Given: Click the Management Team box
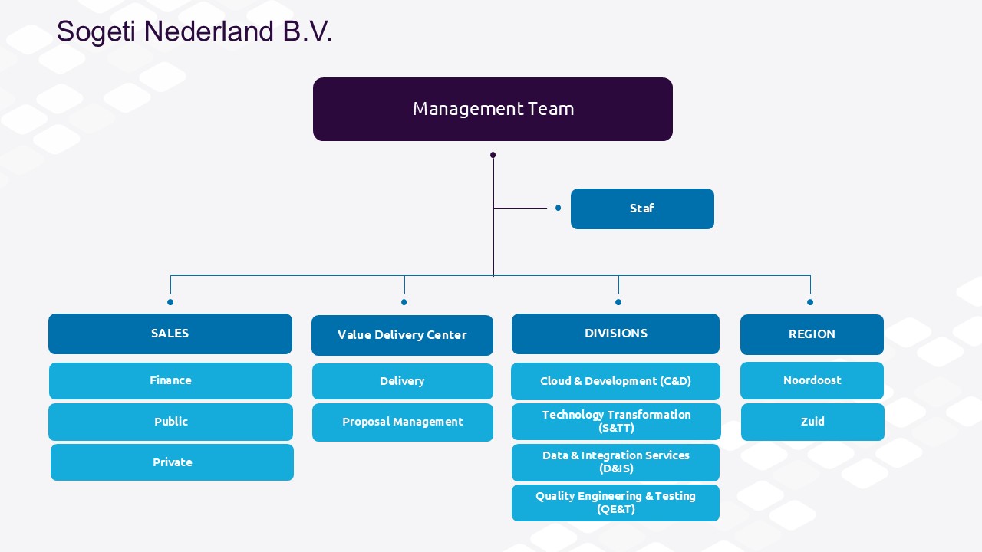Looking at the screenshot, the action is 493,109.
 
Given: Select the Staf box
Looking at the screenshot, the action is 642,209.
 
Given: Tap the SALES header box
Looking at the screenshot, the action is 170,333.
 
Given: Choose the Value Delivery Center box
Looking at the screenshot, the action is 402,335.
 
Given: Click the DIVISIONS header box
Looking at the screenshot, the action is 615,333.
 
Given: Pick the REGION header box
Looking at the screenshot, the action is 812,334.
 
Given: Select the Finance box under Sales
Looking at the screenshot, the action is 170,381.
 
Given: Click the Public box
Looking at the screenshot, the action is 170,422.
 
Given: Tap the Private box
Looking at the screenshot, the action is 172,462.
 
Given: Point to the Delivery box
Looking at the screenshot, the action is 403,381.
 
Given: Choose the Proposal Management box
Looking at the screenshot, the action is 403,422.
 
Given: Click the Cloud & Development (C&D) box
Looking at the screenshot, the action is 615,381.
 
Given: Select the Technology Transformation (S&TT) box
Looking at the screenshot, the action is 616,422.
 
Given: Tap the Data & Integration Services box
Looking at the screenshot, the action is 615,462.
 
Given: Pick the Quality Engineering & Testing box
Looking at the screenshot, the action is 615,503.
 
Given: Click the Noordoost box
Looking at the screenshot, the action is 812,381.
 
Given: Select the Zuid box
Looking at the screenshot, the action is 812,422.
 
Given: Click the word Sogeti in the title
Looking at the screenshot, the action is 96,32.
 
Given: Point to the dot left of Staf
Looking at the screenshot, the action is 558,208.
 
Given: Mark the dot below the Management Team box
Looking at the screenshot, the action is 493,155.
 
